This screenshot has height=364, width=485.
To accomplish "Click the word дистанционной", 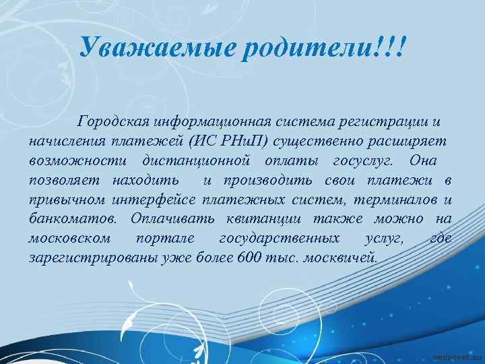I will click(197, 161).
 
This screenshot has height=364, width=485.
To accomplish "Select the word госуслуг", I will click(364, 161).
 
